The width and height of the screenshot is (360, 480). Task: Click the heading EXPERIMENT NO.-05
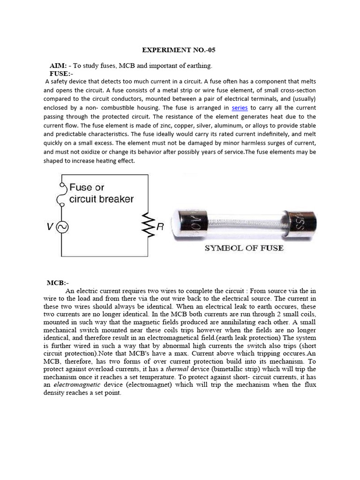[x=180, y=50]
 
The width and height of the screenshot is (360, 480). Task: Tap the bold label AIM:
[x=59, y=65]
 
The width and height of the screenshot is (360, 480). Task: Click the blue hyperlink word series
[x=240, y=108]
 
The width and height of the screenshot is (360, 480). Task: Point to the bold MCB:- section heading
[x=58, y=283]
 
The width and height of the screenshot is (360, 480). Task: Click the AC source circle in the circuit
[x=61, y=227]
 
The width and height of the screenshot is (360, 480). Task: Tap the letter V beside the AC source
[x=50, y=227]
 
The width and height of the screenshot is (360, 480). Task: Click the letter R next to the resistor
[x=160, y=227]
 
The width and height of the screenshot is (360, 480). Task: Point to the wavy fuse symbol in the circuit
[x=60, y=194]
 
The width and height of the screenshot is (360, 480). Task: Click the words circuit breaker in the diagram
[x=101, y=199]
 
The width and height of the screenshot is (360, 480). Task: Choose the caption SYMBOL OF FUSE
[x=244, y=248]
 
